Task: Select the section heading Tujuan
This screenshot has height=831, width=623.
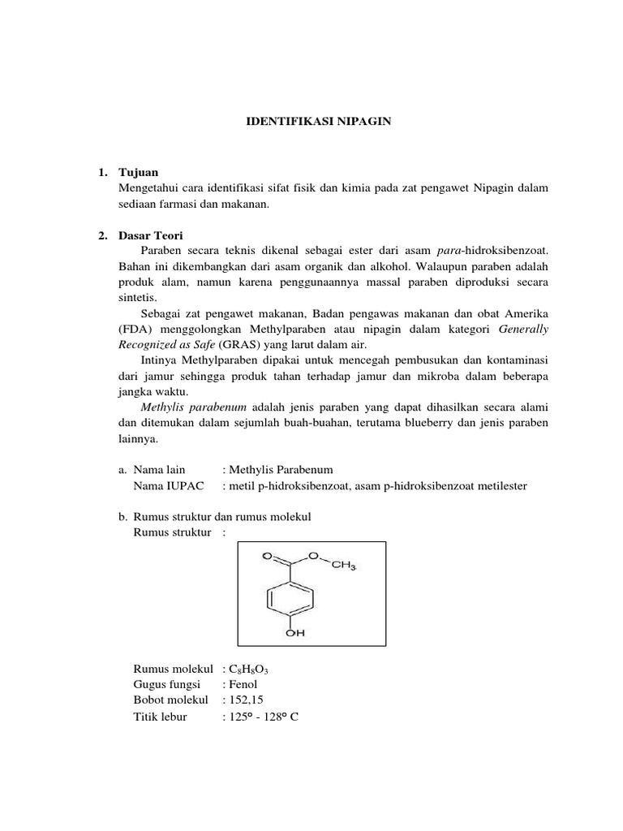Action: click(138, 173)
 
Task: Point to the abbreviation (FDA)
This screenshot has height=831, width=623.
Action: click(135, 330)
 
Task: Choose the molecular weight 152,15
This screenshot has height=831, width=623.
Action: click(248, 700)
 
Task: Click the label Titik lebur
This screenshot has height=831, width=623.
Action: click(160, 717)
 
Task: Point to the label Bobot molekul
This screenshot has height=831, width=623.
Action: click(170, 700)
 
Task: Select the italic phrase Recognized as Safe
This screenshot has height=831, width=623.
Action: click(165, 345)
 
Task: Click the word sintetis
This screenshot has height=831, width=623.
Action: click(137, 298)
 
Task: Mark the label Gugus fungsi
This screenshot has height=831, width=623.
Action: click(166, 685)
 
